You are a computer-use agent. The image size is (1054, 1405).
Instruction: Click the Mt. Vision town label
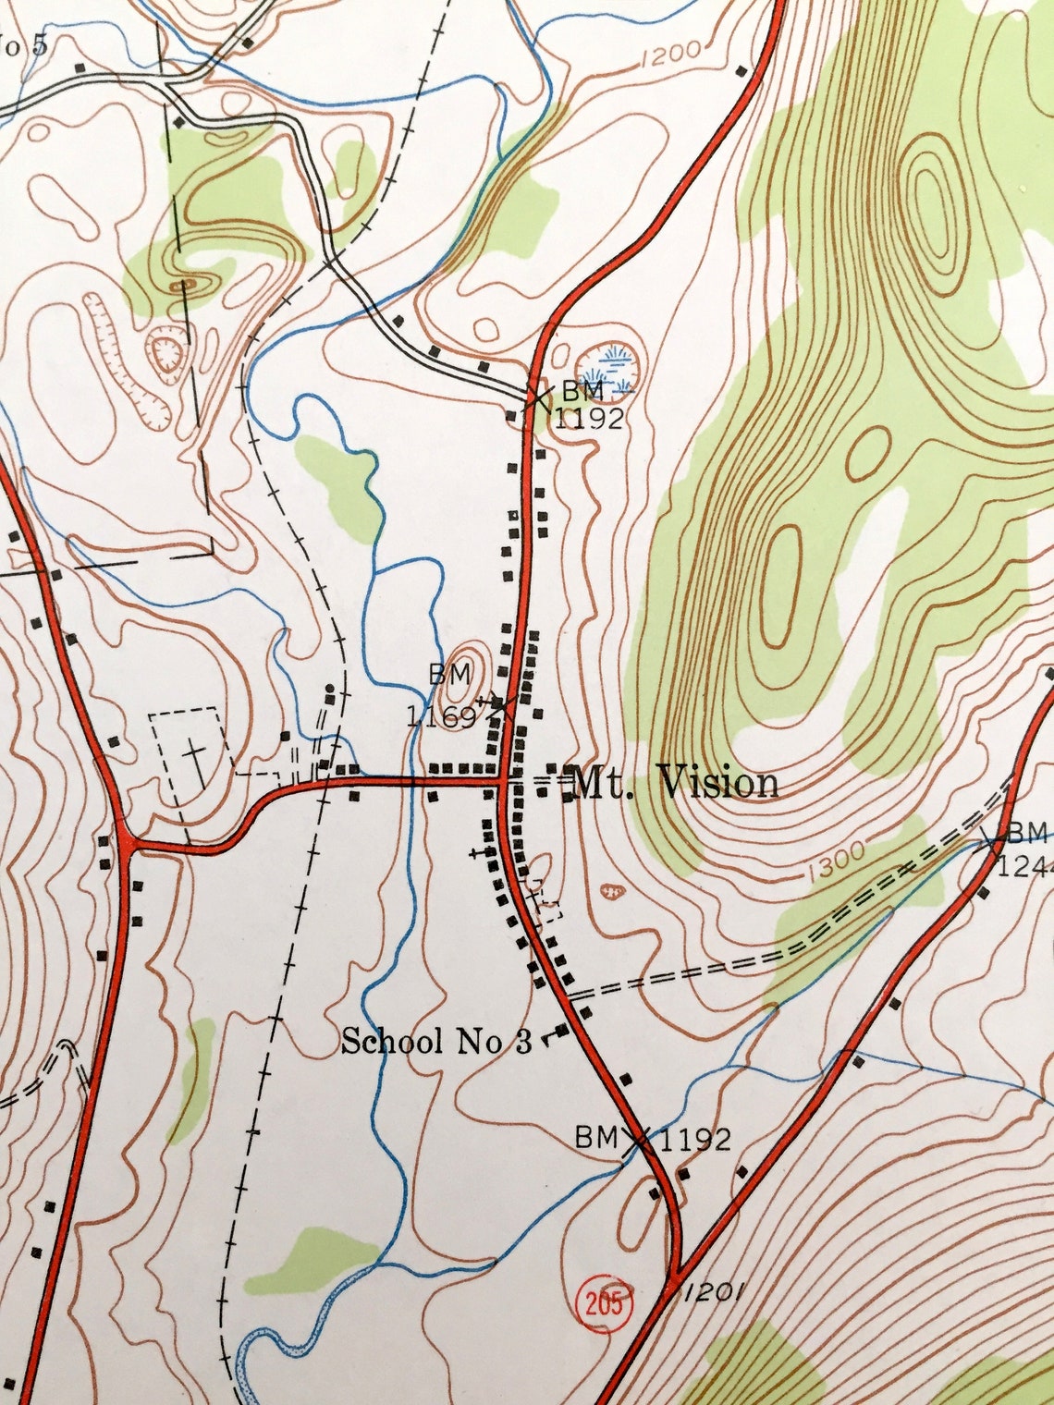[676, 783]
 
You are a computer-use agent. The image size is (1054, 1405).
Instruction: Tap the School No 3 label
[436, 1042]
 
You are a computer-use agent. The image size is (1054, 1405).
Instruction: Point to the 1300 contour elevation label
[836, 862]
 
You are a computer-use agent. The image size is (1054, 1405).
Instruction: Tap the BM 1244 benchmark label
[1022, 849]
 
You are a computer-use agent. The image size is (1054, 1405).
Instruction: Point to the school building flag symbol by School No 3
[558, 1032]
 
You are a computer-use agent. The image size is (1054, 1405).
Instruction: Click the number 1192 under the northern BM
[589, 418]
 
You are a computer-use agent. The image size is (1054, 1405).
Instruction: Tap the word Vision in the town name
[718, 783]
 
